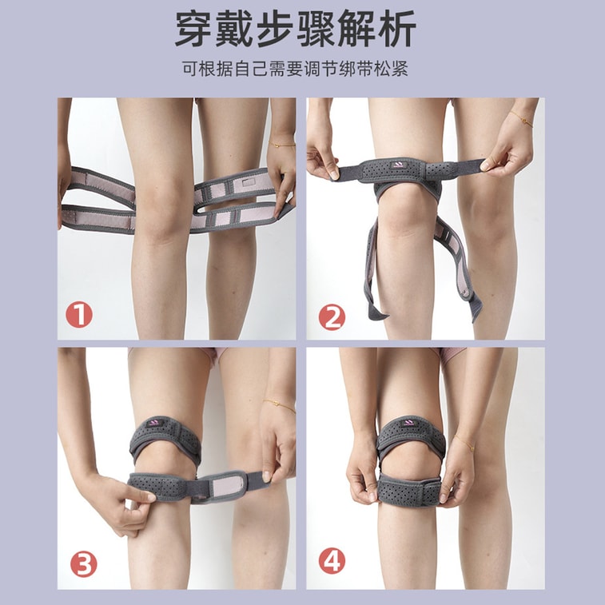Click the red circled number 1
coord(79,315)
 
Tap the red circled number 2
coord(332,317)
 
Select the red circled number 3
coord(83,563)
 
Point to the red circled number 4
coord(332,561)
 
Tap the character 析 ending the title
coord(397,30)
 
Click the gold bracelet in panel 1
coord(282,145)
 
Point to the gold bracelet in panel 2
coord(521,118)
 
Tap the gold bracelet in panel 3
coord(280,405)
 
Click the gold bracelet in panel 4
coord(464,443)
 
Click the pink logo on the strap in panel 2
coord(397,165)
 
